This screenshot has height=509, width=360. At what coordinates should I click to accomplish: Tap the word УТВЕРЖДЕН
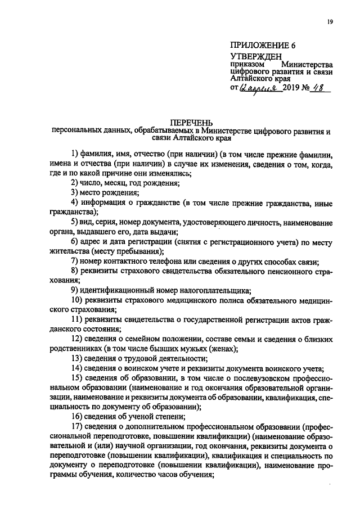[256, 57]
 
